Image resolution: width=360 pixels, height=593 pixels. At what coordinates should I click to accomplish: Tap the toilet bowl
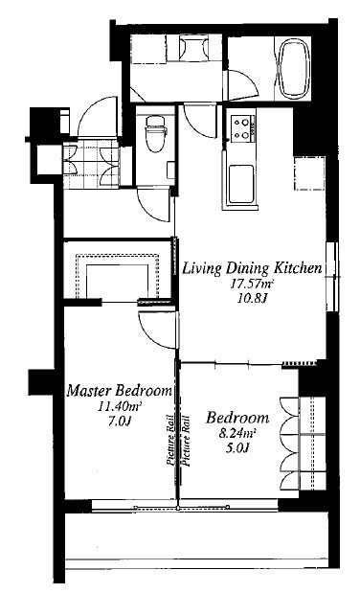[x=157, y=132]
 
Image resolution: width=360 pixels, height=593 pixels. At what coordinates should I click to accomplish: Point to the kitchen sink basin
[x=240, y=184]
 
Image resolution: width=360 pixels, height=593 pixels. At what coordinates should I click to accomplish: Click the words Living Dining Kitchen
[x=252, y=268]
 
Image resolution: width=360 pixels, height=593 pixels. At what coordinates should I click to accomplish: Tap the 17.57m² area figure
[x=252, y=284]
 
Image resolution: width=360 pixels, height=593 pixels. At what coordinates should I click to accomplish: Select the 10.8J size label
[x=253, y=298]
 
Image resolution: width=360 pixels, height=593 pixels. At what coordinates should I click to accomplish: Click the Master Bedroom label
[x=119, y=390]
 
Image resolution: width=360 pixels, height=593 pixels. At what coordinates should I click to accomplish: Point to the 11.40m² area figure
[x=120, y=406]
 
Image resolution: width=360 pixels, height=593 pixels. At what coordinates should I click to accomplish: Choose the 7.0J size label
[x=120, y=421]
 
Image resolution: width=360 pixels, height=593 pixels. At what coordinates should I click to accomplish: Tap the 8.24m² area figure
[x=237, y=433]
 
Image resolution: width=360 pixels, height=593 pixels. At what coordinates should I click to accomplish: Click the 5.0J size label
[x=237, y=447]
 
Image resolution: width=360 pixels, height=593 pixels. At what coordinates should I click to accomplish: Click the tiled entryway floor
[x=91, y=166]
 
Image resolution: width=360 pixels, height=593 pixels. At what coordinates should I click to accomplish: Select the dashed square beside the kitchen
[x=309, y=173]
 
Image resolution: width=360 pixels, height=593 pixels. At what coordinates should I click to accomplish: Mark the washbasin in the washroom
[x=194, y=48]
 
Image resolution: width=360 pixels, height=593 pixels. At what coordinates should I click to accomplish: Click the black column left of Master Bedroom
[x=41, y=381]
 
